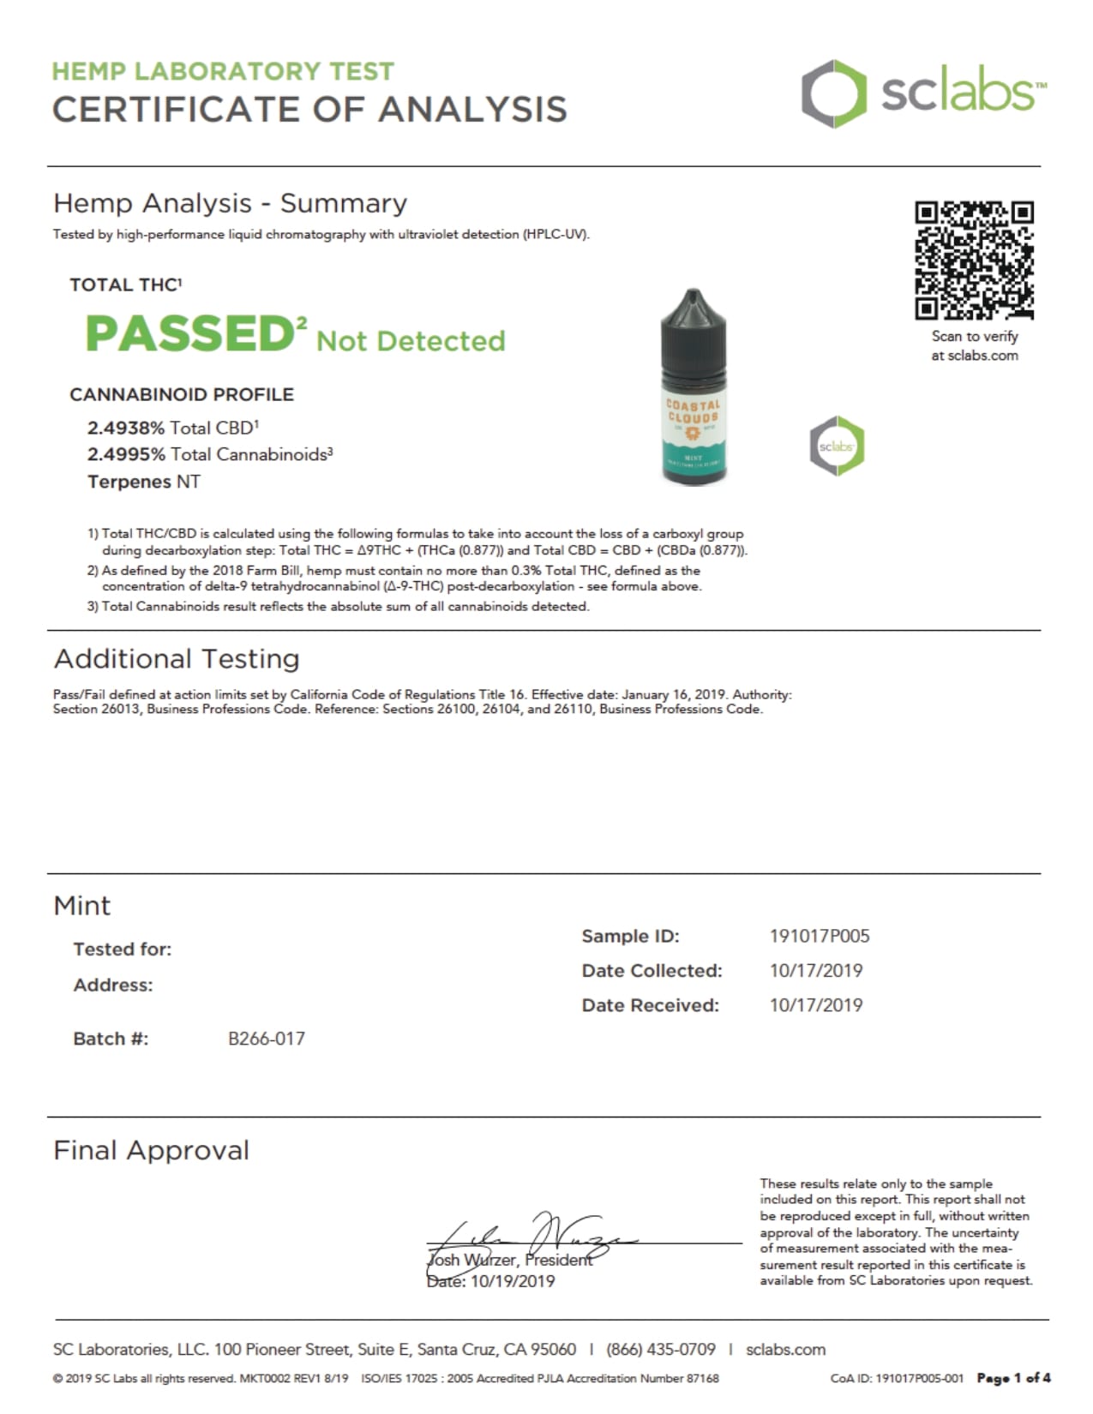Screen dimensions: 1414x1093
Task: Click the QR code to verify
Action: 974,260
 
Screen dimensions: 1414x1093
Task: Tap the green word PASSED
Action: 189,333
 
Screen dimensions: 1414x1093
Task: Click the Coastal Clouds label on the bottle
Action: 694,411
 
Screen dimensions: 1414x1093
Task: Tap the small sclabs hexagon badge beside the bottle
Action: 837,446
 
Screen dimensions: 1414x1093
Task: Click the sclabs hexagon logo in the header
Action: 828,93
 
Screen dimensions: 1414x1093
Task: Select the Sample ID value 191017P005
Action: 819,936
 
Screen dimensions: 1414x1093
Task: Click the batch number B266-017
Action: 266,1039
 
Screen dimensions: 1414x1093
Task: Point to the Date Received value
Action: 815,1005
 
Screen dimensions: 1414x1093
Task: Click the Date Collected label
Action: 652,971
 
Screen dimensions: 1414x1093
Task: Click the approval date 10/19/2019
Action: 512,1281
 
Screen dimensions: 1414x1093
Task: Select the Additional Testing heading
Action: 177,659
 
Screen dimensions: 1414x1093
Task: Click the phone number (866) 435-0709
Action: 660,1350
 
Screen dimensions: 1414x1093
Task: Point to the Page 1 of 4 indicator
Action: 1013,1379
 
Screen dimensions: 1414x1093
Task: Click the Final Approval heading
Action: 151,1150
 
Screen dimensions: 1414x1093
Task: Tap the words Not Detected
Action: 411,341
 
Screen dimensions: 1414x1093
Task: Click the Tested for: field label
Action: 122,950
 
